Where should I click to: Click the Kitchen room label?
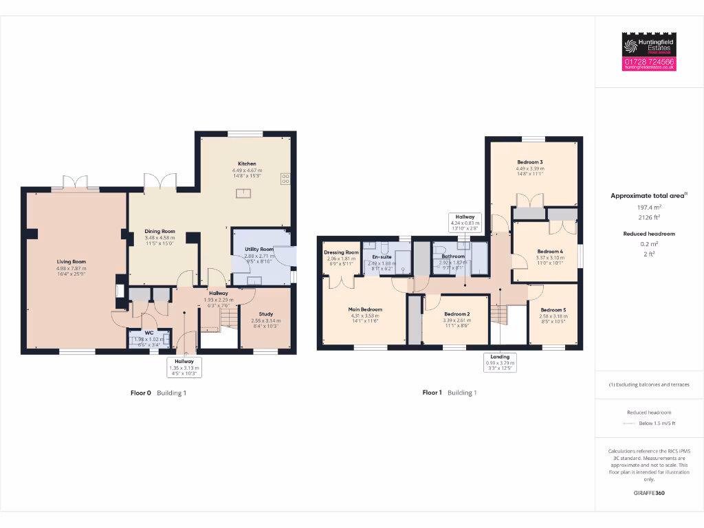point(247,164)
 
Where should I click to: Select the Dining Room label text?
point(159,232)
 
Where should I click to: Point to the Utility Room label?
point(258,249)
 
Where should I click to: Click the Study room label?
point(265,314)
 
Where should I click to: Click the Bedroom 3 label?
point(530,162)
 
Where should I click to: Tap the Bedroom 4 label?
point(550,252)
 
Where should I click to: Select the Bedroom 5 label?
point(553,310)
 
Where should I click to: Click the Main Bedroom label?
point(365,310)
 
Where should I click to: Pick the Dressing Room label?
point(341,252)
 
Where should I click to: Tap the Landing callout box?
point(500,362)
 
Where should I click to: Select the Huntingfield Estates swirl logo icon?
point(630,46)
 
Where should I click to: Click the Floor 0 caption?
point(141,393)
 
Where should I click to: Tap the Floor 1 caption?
point(432,393)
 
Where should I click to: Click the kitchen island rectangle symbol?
point(243,194)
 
